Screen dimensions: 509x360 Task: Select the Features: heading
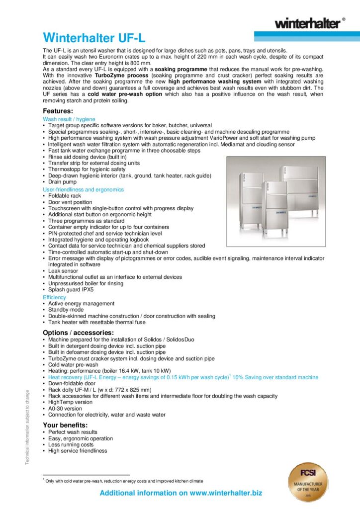pos(58,111)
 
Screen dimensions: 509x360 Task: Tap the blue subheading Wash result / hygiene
pos(69,119)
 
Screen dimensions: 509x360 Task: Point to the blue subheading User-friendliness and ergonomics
pos(83,189)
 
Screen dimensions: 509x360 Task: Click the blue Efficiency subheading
pos(54,297)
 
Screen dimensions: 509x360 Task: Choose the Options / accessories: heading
pos(78,332)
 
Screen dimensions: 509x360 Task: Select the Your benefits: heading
pos(65,425)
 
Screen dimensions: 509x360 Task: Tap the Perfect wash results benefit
pos(73,432)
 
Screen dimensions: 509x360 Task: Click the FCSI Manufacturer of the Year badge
pos(308,482)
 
